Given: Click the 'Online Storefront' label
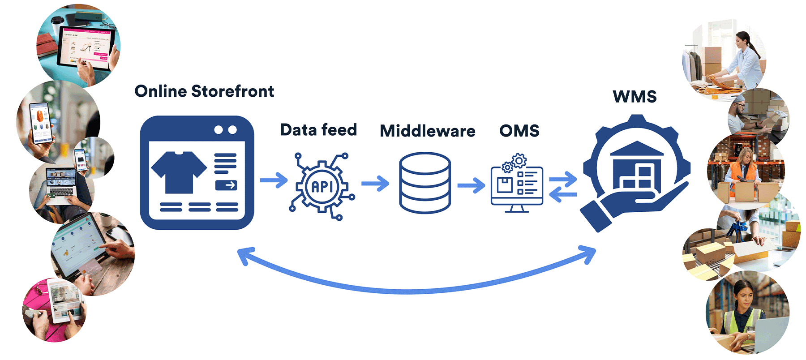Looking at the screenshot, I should coord(204,91).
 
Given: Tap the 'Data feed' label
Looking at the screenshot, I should coord(318,130).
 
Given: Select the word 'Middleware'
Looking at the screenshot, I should coord(427,131).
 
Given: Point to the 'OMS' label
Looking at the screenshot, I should coord(519,131).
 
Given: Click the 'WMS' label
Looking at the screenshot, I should coord(635,96).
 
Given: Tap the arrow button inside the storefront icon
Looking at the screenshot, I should coord(226,185).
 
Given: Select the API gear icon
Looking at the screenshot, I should coord(322,186).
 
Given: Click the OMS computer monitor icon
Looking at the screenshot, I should coord(517,186).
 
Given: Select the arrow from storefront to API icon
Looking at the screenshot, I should coord(274,180).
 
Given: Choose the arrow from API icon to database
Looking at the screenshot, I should coord(375,183).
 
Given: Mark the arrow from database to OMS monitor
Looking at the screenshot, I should coord(471,185).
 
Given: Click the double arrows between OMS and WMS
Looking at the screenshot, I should coord(563,187).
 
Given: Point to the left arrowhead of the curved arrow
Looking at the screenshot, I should coord(244,255).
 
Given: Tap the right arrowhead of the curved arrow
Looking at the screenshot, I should coord(589,253).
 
